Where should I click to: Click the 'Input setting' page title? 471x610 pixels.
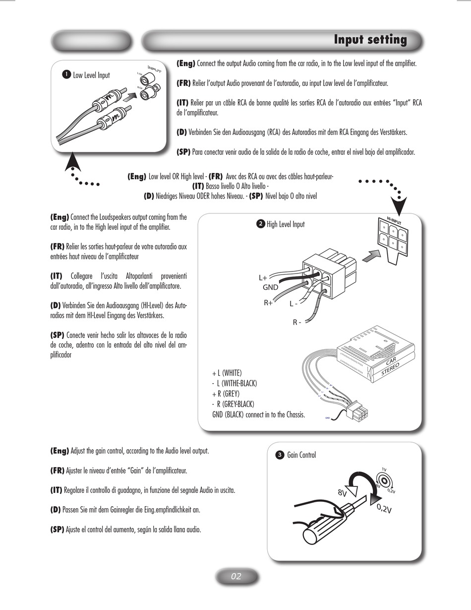pyautogui.click(x=370, y=40)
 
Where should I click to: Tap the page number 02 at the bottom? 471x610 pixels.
pyautogui.click(x=236, y=576)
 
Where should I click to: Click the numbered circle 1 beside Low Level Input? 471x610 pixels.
pyautogui.click(x=65, y=75)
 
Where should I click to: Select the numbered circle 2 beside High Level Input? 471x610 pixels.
pyautogui.click(x=260, y=224)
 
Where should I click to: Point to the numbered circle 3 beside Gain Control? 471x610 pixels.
pyautogui.click(x=280, y=455)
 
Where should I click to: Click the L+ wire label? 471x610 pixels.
pyautogui.click(x=263, y=278)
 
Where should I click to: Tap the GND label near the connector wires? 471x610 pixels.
pyautogui.click(x=270, y=287)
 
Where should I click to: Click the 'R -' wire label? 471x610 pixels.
pyautogui.click(x=297, y=322)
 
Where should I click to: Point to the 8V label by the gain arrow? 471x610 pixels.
pyautogui.click(x=342, y=493)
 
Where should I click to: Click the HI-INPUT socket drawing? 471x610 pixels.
pyautogui.click(x=392, y=236)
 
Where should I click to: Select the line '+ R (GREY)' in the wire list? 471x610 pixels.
pyautogui.click(x=226, y=394)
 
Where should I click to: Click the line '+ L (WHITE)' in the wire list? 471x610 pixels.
pyautogui.click(x=227, y=373)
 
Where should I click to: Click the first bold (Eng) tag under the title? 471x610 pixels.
pyautogui.click(x=186, y=64)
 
